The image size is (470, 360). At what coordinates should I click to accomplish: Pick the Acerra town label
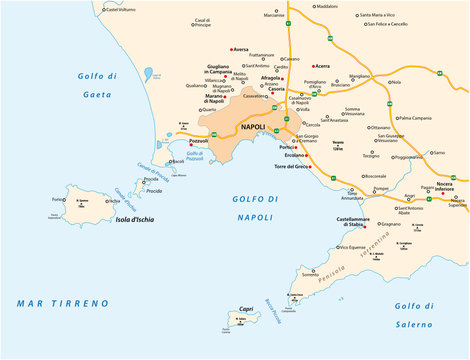click(x=323, y=66)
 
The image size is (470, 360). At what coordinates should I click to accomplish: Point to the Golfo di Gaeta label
click(x=99, y=84)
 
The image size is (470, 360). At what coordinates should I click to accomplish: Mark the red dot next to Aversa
click(x=231, y=48)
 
